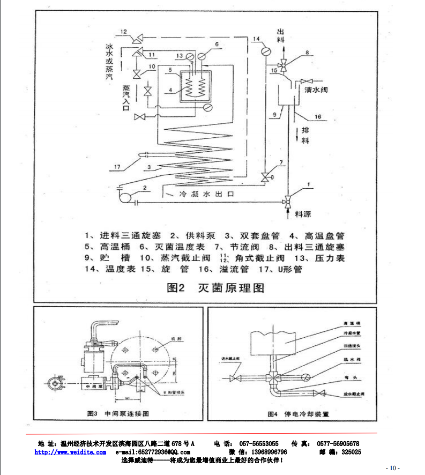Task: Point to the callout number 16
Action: [x=317, y=116]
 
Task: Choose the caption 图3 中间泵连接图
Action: [x=117, y=413]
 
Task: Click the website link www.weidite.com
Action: [x=70, y=452]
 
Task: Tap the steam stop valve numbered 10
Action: [x=137, y=73]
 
